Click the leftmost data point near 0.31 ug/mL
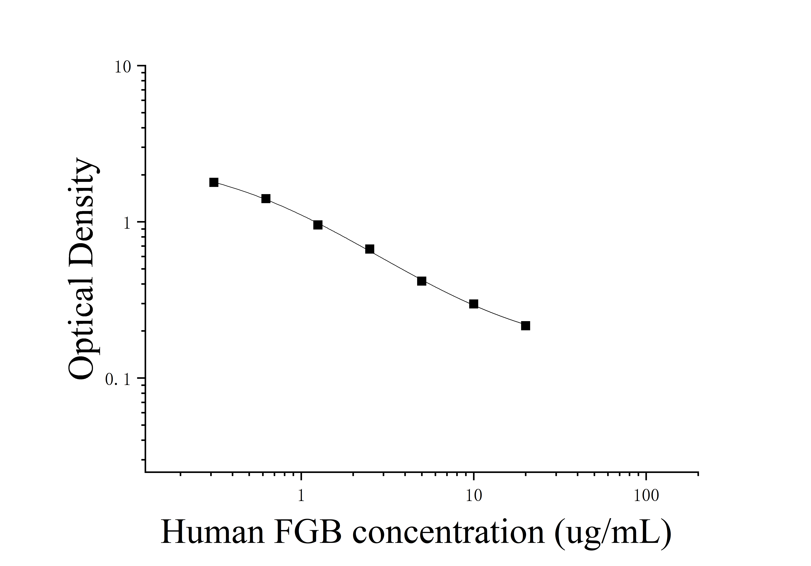[x=214, y=182]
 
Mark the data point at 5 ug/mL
[x=421, y=281]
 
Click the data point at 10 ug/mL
[x=474, y=304]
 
